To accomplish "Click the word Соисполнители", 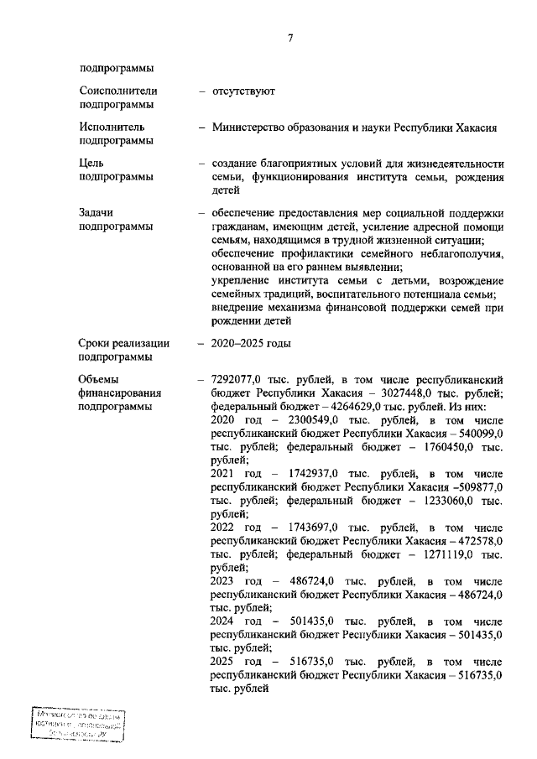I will click(x=118, y=91).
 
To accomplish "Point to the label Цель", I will click(x=93, y=164).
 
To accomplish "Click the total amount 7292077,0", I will click(x=241, y=380).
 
